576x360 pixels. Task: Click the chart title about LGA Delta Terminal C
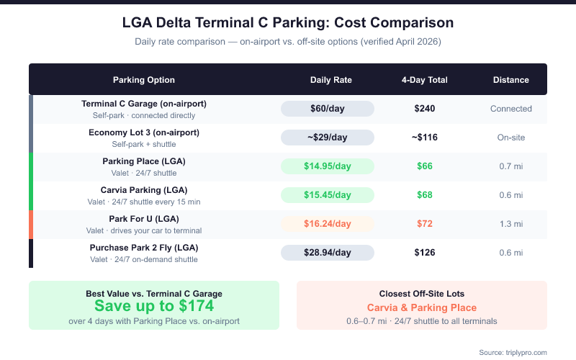[288, 23]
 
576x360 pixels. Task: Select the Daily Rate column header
[330, 80]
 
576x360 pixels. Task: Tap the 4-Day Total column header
[425, 80]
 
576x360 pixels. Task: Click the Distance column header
[511, 80]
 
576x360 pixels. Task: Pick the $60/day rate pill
[328, 109]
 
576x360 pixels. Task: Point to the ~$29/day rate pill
[328, 138]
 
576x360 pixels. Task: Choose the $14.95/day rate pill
[328, 166]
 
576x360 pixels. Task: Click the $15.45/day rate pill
[328, 195]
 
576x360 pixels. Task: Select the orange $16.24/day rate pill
[328, 224]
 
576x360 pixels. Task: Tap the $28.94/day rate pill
[328, 253]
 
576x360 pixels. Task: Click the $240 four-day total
[425, 109]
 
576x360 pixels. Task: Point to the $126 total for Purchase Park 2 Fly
[425, 253]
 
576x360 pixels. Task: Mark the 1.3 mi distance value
[511, 224]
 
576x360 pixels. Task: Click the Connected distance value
[511, 109]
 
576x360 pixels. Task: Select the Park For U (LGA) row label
[144, 219]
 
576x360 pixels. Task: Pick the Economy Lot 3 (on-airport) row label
[144, 132]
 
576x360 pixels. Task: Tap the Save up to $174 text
[154, 305]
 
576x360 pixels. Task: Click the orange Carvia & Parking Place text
[422, 307]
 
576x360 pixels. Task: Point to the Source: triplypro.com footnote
[513, 352]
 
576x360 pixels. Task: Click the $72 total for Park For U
[425, 224]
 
